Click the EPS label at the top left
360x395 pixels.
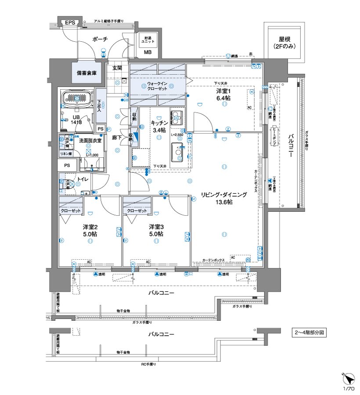click(x=70, y=22)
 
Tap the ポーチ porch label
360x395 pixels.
click(x=100, y=40)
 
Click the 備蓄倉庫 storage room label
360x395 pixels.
click(x=86, y=73)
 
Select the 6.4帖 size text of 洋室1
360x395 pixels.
click(x=223, y=98)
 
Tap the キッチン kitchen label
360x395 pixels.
click(x=158, y=123)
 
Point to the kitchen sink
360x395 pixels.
click(x=176, y=151)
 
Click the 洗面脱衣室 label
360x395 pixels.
click(x=90, y=140)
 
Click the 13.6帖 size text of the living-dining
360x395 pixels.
click(x=224, y=203)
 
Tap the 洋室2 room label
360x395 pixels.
click(x=90, y=227)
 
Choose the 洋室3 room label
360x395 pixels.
click(x=156, y=227)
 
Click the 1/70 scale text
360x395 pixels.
click(x=348, y=389)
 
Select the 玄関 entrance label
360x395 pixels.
click(x=117, y=68)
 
